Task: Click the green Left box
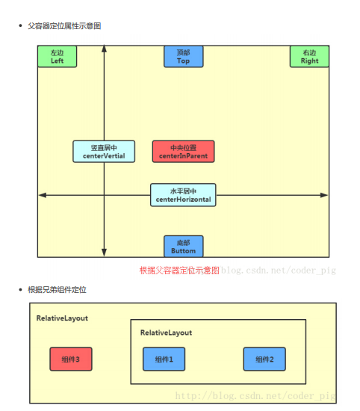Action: [x=57, y=57]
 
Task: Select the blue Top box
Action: [x=183, y=57]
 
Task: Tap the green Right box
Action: [x=309, y=57]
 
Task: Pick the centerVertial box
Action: [x=104, y=152]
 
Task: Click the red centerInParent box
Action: [x=183, y=152]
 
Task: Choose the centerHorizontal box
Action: [x=183, y=195]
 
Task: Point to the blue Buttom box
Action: [x=183, y=247]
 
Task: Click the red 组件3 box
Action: [x=70, y=359]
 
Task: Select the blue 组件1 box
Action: [x=164, y=359]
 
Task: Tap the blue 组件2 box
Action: [x=264, y=359]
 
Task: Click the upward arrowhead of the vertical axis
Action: [x=104, y=49]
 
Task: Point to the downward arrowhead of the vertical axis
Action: [x=104, y=253]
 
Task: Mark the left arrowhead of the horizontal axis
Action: [x=43, y=195]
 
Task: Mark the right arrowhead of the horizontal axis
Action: [x=324, y=195]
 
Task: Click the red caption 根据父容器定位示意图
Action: [x=179, y=271]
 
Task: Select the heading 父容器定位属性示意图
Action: [x=63, y=26]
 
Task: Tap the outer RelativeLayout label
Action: [x=62, y=318]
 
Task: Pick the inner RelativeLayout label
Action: [x=166, y=333]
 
